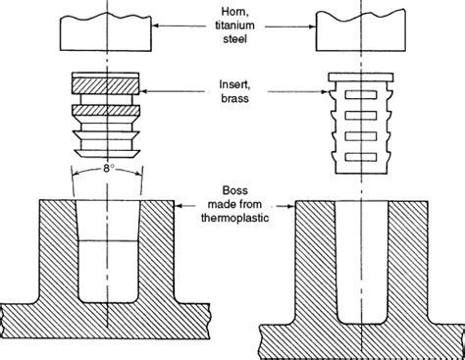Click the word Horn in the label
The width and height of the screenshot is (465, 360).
(232, 10)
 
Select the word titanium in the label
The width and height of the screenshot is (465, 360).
(232, 25)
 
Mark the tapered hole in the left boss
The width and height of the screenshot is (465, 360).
(108, 255)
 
